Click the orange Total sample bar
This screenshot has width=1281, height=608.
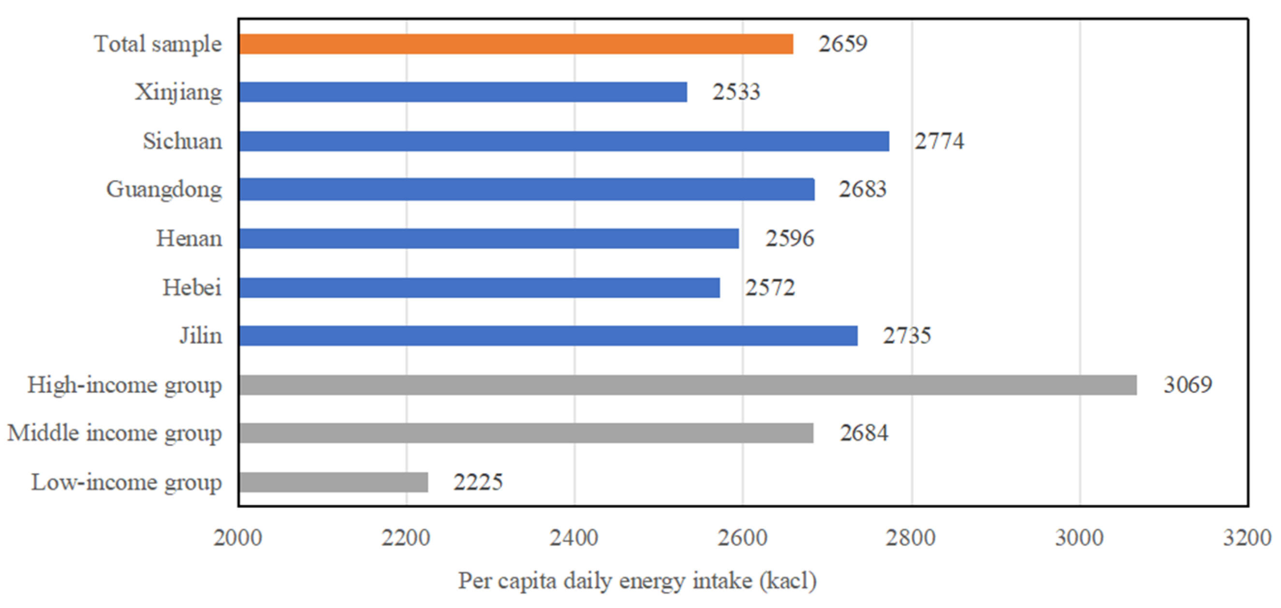click(x=515, y=44)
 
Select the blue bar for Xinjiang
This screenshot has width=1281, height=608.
click(x=462, y=92)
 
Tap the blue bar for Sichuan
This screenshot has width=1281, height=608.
click(x=563, y=141)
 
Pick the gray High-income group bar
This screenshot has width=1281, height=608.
click(x=687, y=385)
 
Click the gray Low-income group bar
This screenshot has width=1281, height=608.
click(x=333, y=482)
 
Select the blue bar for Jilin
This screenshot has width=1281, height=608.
click(x=548, y=336)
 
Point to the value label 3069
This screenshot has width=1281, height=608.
click(x=1188, y=385)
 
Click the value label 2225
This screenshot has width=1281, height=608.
click(x=478, y=482)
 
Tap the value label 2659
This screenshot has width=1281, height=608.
click(x=843, y=44)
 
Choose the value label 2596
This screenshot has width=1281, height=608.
click(x=789, y=239)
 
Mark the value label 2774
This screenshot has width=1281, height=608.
click(x=939, y=141)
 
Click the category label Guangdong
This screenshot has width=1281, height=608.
click(x=164, y=190)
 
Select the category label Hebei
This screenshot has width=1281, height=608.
click(x=192, y=288)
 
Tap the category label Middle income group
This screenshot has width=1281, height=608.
click(x=115, y=434)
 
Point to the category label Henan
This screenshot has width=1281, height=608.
click(x=189, y=239)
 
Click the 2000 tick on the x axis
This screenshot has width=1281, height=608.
click(x=238, y=538)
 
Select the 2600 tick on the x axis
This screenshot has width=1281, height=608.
click(x=742, y=538)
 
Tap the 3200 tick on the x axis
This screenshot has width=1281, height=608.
click(x=1247, y=538)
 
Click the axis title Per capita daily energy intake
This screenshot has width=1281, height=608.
click(x=636, y=581)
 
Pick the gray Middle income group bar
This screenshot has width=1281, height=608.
click(x=526, y=434)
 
